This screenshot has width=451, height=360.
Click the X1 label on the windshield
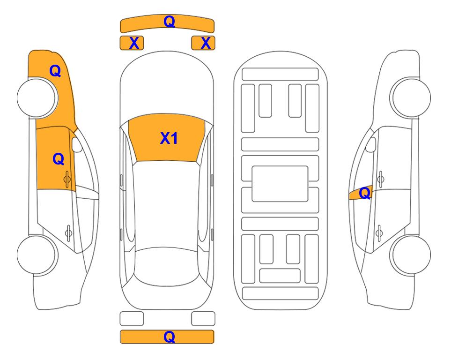(x=169, y=138)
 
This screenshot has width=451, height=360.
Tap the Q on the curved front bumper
(x=169, y=22)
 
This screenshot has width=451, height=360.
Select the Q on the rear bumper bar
(x=169, y=337)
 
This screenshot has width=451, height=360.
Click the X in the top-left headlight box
(x=134, y=43)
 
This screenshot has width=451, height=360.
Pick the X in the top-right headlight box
(x=206, y=43)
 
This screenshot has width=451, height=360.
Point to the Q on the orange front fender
(x=55, y=71)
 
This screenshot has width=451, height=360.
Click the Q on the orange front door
(x=59, y=159)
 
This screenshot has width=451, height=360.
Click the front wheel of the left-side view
(x=36, y=98)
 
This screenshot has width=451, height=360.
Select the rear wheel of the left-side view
(x=36, y=255)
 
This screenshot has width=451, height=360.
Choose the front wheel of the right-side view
(x=411, y=97)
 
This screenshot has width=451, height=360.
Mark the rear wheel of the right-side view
(x=411, y=255)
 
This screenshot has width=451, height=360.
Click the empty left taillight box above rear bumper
(x=132, y=319)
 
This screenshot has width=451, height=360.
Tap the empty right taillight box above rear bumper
(x=203, y=319)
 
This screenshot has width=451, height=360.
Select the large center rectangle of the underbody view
(x=280, y=184)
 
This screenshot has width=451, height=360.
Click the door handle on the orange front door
(x=67, y=179)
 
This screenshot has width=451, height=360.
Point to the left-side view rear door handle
(x=68, y=232)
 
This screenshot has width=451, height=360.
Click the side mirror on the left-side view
(x=76, y=144)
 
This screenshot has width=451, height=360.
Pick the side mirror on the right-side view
(x=371, y=144)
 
